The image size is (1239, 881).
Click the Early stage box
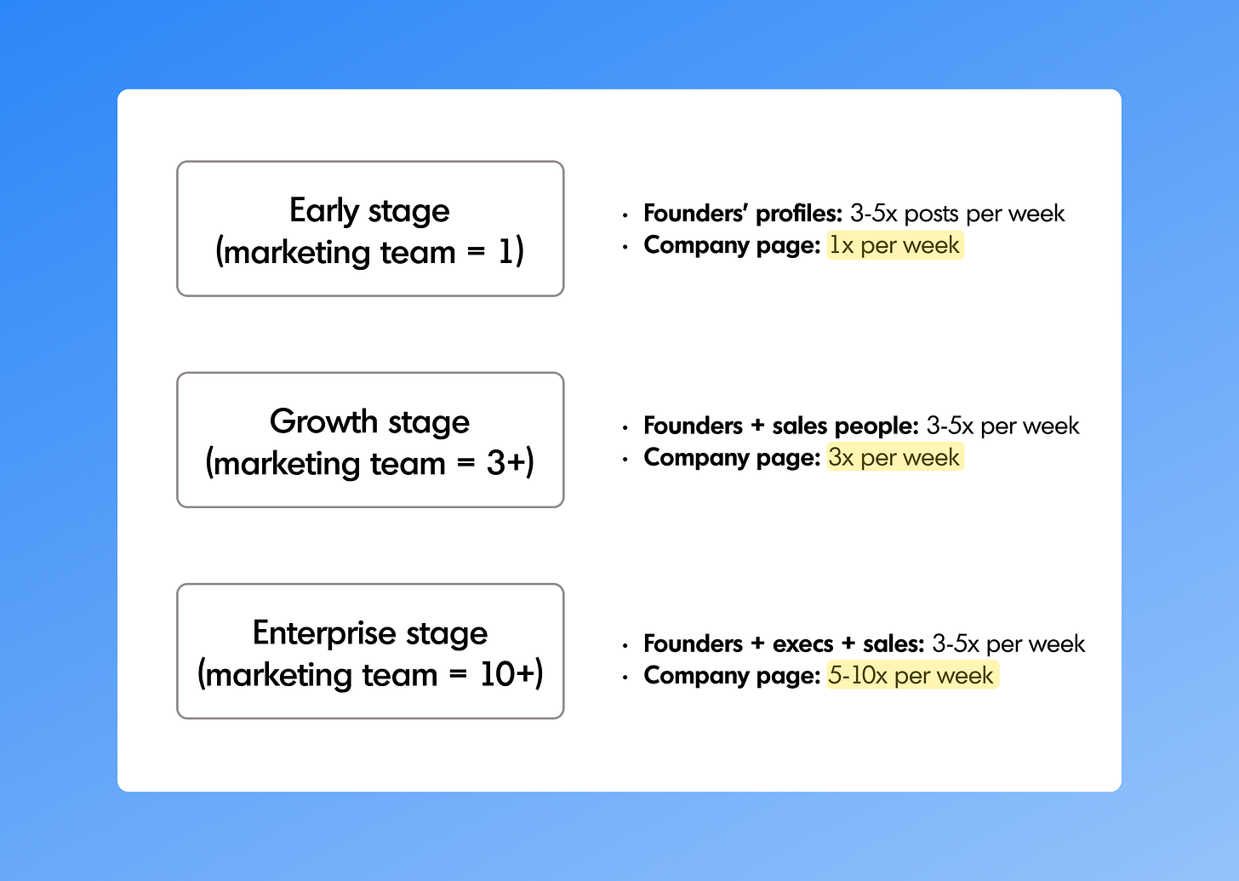pyautogui.click(x=370, y=228)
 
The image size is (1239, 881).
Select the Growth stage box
pyautogui.click(x=370, y=440)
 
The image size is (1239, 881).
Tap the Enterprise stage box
pyautogui.click(x=370, y=651)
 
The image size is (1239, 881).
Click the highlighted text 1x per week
pyautogui.click(x=894, y=245)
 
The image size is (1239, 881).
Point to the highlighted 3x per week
pyautogui.click(x=894, y=457)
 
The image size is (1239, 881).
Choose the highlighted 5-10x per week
pyautogui.click(x=911, y=675)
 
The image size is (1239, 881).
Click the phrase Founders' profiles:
pyautogui.click(x=742, y=213)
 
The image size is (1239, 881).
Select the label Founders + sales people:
pyautogui.click(x=780, y=425)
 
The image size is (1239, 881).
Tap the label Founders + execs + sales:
pyautogui.click(x=783, y=644)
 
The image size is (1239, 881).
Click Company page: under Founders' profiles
pyautogui.click(x=732, y=245)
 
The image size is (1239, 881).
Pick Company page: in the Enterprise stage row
pyautogui.click(x=732, y=675)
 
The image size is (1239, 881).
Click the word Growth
pyautogui.click(x=323, y=421)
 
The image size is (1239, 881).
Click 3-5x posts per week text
pyautogui.click(x=956, y=213)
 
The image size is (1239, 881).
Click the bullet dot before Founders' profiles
pyautogui.click(x=625, y=215)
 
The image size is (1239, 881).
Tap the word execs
pyautogui.click(x=802, y=644)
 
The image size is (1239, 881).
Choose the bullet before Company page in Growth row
pyautogui.click(x=625, y=459)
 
